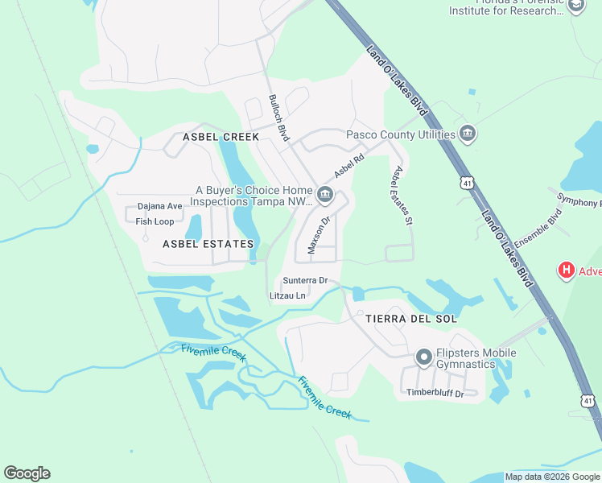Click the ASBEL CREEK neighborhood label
[x=221, y=137]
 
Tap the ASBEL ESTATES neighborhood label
[x=208, y=243]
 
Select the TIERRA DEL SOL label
[x=411, y=319]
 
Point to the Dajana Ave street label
[x=160, y=206]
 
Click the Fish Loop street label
[x=155, y=221]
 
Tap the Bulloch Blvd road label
[x=278, y=118]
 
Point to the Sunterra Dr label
[x=305, y=280]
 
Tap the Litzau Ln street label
[x=288, y=295]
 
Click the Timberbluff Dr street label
[x=435, y=393]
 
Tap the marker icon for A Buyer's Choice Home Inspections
[x=325, y=193]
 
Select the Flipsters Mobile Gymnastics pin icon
[x=423, y=357]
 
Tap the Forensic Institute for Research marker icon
[x=575, y=6]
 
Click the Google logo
[x=27, y=473]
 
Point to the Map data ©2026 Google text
[x=551, y=477]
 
